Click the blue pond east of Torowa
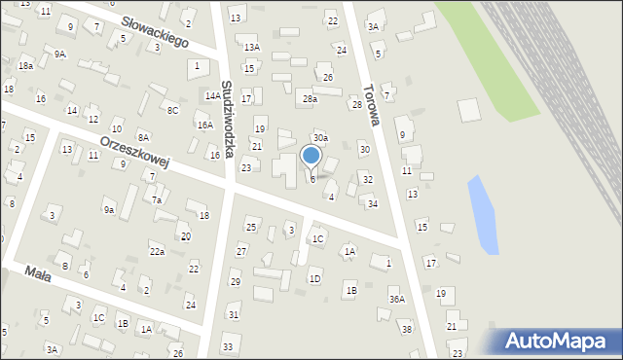click(x=482, y=214)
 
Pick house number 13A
click(x=252, y=47)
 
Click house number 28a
click(x=310, y=98)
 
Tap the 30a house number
click(x=320, y=138)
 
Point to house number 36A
click(x=396, y=300)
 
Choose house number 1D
click(x=314, y=278)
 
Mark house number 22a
click(x=157, y=251)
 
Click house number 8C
click(x=172, y=110)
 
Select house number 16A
click(x=204, y=125)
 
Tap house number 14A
click(x=212, y=95)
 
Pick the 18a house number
click(x=25, y=65)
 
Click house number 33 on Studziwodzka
click(x=227, y=346)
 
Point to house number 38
click(x=407, y=329)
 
